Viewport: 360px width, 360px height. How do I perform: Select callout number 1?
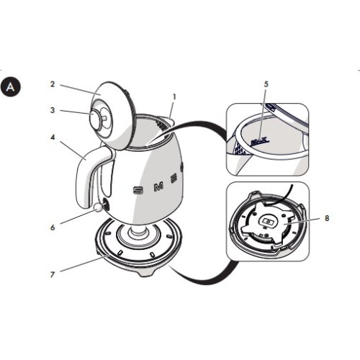[174, 96]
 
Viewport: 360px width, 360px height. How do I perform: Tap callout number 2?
[53, 84]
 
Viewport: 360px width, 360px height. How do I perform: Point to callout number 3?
[53, 111]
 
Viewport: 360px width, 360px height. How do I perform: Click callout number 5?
[266, 84]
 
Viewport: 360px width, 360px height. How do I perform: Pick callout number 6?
[53, 227]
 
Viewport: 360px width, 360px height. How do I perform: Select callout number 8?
[326, 217]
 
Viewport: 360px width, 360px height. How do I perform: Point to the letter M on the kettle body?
[159, 187]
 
